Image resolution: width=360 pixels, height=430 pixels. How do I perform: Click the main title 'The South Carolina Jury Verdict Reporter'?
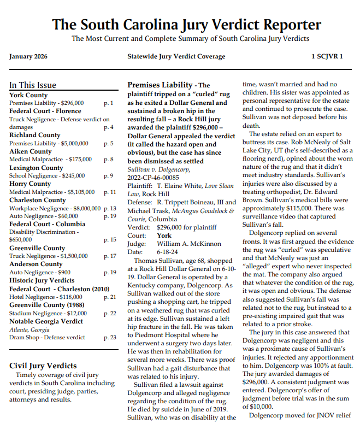[186, 25]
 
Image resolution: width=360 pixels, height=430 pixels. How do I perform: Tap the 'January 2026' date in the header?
[28, 56]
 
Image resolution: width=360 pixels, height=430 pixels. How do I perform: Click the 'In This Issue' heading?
[33, 85]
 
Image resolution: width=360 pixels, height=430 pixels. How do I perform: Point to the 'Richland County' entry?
[35, 135]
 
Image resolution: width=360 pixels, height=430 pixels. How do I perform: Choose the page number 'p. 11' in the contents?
[109, 192]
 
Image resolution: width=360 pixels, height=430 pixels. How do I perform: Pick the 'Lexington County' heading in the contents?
[36, 168]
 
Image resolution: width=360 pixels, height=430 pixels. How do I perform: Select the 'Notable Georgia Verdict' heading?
[46, 321]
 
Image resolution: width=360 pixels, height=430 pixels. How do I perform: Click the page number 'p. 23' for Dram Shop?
[109, 338]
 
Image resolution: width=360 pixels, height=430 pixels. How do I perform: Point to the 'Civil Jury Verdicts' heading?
[43, 366]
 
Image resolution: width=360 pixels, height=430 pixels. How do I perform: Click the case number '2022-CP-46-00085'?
[153, 178]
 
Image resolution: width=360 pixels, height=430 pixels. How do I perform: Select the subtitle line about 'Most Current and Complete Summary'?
[190, 39]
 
